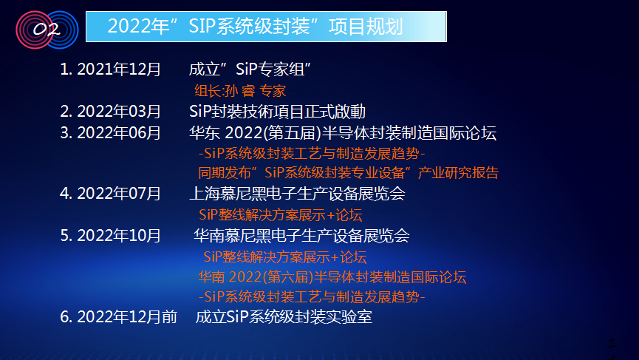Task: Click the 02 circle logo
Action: (47, 30)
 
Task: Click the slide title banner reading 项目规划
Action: (266, 27)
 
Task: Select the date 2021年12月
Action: (119, 69)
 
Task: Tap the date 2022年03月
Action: (119, 112)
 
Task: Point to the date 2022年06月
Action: (119, 133)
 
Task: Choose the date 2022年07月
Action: (119, 193)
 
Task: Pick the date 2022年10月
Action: (119, 236)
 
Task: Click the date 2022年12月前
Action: (127, 317)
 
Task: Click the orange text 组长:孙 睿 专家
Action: (240, 90)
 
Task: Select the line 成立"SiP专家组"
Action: (250, 69)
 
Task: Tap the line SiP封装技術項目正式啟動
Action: (277, 112)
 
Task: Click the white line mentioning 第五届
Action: (343, 133)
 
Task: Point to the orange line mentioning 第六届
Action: (332, 277)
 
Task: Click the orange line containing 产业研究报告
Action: (349, 173)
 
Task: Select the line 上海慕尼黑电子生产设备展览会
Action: (297, 193)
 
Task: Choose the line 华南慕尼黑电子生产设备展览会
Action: (301, 236)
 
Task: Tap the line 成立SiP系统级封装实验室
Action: (284, 317)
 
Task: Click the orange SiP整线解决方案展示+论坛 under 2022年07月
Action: (281, 215)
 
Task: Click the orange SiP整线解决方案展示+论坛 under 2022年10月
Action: (285, 257)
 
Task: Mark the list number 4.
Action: (66, 193)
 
